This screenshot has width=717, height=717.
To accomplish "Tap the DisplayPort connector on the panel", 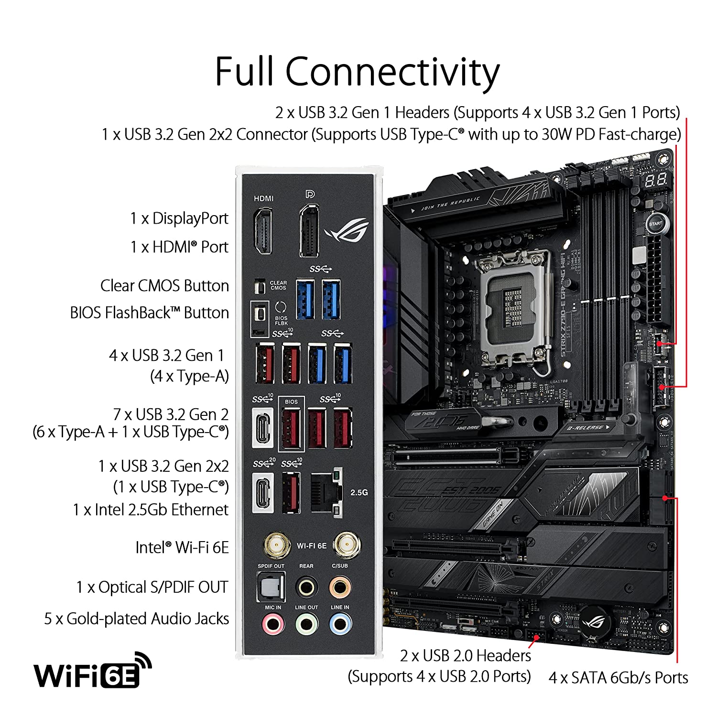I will coord(309,231).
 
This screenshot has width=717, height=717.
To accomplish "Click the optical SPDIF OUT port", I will coord(271,587).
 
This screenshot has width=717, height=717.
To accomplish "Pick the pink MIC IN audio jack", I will coord(273,624).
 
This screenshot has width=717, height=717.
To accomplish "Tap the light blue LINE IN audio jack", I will coord(340,624).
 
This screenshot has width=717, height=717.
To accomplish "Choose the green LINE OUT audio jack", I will coord(306,624).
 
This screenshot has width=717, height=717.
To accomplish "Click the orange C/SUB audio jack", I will coord(340,587).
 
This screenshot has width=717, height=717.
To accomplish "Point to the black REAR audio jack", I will coord(306,587).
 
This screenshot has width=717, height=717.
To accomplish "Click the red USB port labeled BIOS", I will coord(291,428).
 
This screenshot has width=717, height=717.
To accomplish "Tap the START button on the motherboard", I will coord(655,224).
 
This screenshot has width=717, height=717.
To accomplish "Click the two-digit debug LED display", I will coord(655,180).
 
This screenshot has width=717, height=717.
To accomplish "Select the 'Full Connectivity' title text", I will coord(357,72).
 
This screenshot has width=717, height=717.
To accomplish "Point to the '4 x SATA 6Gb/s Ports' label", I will coord(618,677).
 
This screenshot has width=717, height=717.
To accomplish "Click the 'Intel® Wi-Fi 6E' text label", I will coord(182,547).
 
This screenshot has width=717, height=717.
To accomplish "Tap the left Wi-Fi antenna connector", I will coord(277,545).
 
